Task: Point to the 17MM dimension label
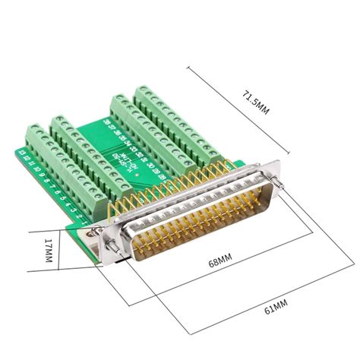click(47, 251)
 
